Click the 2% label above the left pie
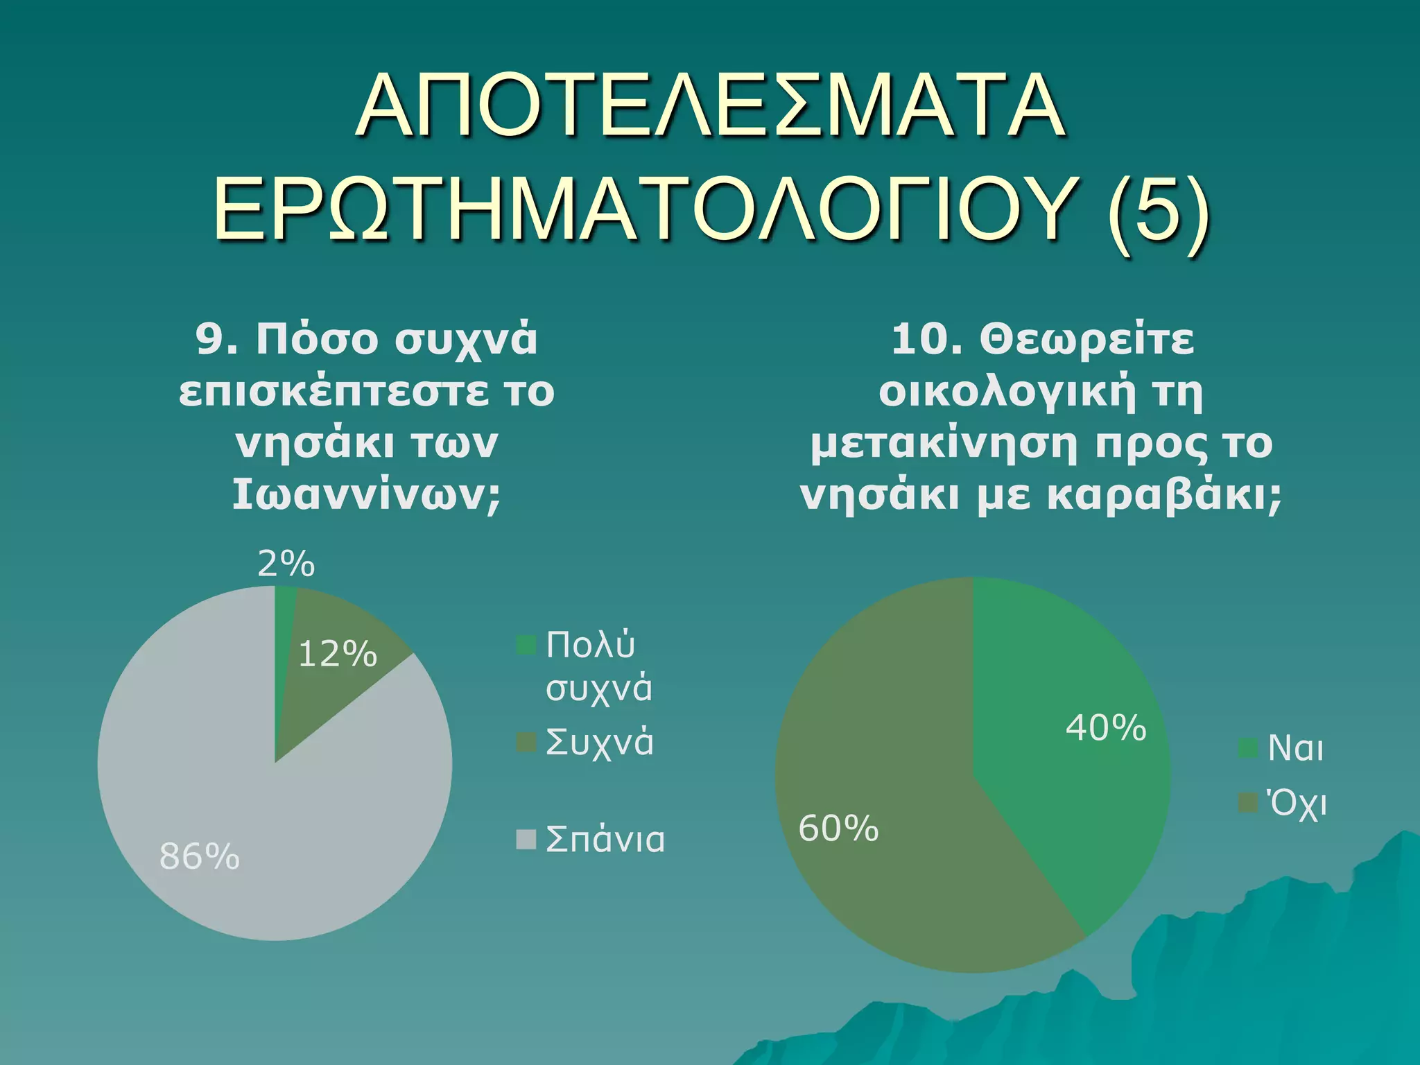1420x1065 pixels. click(x=286, y=564)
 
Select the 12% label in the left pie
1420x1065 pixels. click(x=338, y=654)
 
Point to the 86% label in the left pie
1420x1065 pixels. click(x=200, y=857)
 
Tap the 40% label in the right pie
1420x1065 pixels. click(x=1106, y=728)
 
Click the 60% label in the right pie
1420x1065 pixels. click(x=838, y=829)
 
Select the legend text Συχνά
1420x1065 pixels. click(x=599, y=742)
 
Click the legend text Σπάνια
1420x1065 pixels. click(x=605, y=840)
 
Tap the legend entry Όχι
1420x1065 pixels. click(x=1296, y=804)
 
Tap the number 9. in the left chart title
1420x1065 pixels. click(x=218, y=340)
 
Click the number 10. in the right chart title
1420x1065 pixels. click(x=926, y=340)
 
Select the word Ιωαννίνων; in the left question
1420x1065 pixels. click(x=366, y=495)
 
